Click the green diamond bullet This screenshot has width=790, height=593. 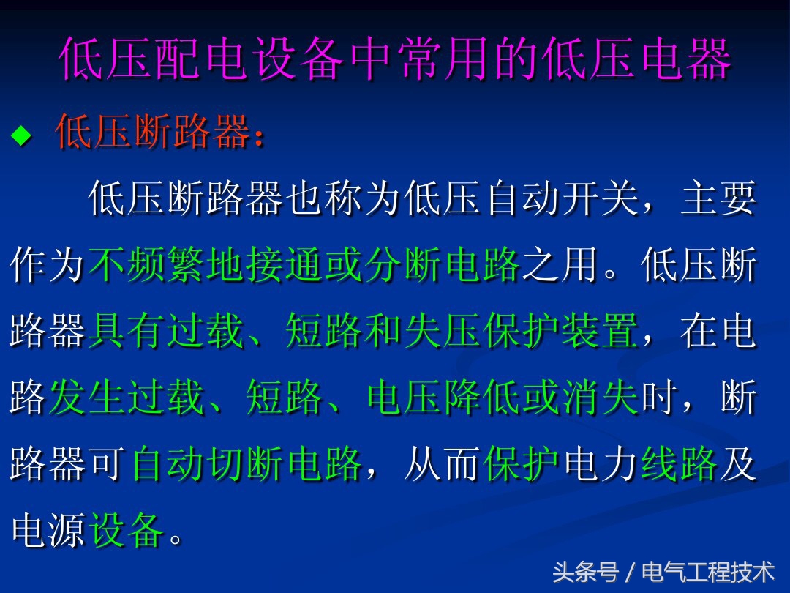pos(22,135)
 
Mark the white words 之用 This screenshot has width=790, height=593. pos(560,264)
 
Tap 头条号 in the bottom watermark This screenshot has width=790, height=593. pos(584,571)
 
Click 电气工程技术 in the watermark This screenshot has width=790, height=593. pos(708,571)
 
